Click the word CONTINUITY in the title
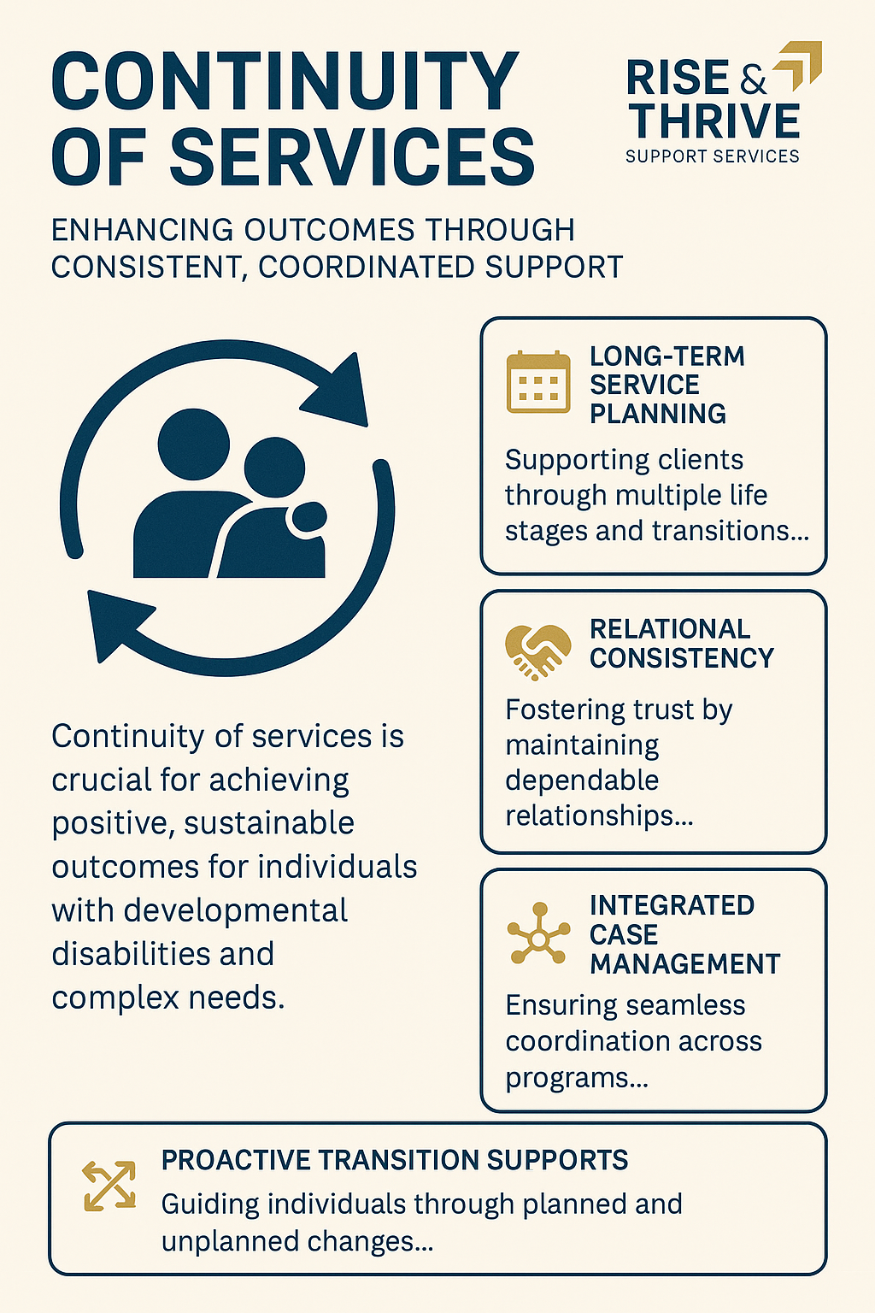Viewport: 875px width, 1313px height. tap(285, 82)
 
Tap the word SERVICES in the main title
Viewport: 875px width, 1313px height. tap(352, 157)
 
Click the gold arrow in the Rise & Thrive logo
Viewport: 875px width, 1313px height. tap(800, 65)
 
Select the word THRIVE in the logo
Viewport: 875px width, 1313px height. tap(714, 121)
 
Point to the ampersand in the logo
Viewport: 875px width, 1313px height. tap(753, 80)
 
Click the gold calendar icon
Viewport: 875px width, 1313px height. tap(537, 382)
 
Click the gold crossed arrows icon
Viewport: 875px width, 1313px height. tap(109, 1186)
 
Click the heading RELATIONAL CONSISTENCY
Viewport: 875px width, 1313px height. tap(681, 644)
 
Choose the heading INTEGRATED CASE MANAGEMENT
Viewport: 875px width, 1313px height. tap(684, 934)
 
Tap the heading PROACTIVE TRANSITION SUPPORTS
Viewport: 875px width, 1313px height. tap(395, 1160)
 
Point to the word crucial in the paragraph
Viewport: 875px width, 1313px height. tap(102, 780)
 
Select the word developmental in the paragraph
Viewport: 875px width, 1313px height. tap(235, 910)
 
